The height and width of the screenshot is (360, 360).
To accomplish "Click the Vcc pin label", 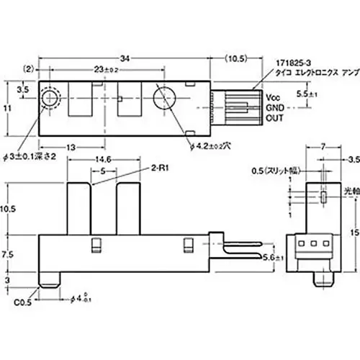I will coord(272,96).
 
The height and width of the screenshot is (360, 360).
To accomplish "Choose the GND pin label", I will coord(274,107).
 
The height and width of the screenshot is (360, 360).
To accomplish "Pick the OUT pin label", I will coord(274,117).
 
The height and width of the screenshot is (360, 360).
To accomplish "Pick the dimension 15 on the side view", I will coord(351,232).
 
